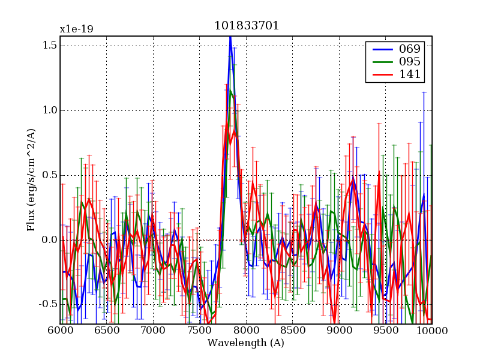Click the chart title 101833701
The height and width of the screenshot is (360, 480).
(x=247, y=26)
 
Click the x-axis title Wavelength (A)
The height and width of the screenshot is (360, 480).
(x=246, y=343)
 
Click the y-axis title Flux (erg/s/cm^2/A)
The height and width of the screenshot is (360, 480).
(x=31, y=180)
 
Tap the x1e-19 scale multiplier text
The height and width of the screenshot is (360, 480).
(x=76, y=29)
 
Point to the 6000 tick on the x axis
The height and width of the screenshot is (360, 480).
(x=60, y=331)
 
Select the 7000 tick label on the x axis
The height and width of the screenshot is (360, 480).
(x=153, y=331)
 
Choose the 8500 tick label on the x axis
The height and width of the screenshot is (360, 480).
(x=292, y=331)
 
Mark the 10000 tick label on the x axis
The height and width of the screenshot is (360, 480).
(x=432, y=331)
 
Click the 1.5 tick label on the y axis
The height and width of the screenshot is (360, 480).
(x=49, y=46)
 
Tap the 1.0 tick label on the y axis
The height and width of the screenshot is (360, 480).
(x=49, y=110)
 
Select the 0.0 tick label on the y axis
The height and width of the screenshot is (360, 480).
(x=49, y=240)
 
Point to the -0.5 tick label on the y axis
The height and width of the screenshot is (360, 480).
(x=47, y=305)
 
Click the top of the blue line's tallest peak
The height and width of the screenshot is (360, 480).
(x=230, y=37)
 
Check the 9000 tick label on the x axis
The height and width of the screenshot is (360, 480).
(x=339, y=331)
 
